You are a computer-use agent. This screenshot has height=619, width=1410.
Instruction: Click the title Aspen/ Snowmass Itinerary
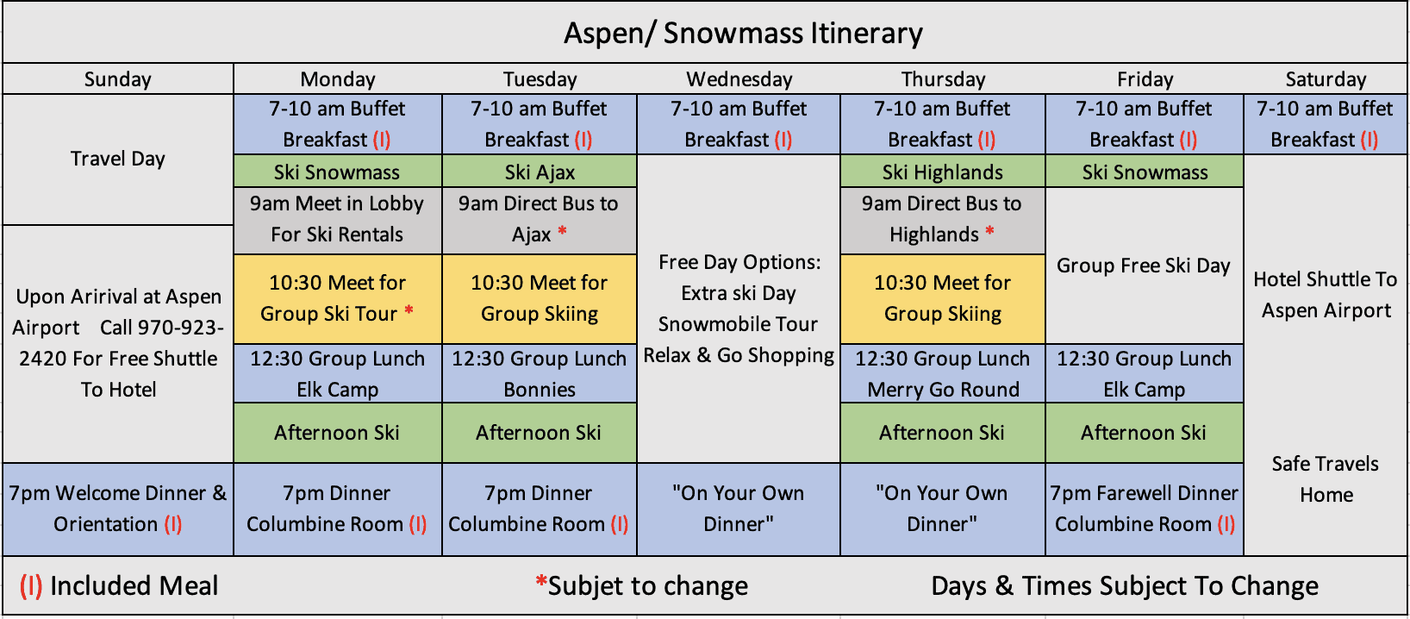(743, 34)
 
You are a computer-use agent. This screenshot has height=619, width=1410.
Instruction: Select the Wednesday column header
(739, 79)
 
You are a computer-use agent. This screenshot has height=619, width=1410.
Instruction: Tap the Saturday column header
(1326, 79)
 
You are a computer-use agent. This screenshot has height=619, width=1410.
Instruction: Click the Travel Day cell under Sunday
(118, 159)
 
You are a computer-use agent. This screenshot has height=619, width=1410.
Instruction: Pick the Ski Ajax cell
(540, 172)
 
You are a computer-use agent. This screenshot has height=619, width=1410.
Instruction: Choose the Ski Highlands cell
(942, 172)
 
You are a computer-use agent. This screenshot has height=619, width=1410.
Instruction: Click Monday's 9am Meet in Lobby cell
(337, 220)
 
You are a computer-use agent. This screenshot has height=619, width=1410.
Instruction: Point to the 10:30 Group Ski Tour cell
(337, 299)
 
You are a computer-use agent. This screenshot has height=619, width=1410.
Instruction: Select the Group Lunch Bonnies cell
(540, 374)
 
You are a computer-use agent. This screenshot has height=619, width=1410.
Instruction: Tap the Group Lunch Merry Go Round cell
(942, 374)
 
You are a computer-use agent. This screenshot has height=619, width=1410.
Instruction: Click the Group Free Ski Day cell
(1144, 266)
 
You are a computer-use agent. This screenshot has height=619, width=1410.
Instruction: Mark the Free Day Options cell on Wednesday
(739, 309)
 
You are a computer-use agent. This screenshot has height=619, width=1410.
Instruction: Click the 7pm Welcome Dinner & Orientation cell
(118, 509)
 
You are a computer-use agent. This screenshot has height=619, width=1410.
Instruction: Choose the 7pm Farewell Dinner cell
(1144, 509)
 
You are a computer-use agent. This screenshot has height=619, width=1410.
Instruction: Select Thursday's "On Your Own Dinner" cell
(942, 509)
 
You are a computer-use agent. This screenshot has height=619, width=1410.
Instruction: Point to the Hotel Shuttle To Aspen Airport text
(1326, 295)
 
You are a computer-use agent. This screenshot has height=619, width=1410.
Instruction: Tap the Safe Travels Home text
(1326, 479)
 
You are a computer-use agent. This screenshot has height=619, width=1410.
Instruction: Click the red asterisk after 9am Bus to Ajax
(562, 231)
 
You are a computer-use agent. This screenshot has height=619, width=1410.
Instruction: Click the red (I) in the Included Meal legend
(31, 585)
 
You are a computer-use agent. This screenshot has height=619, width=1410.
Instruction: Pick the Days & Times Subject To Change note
(1124, 585)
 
